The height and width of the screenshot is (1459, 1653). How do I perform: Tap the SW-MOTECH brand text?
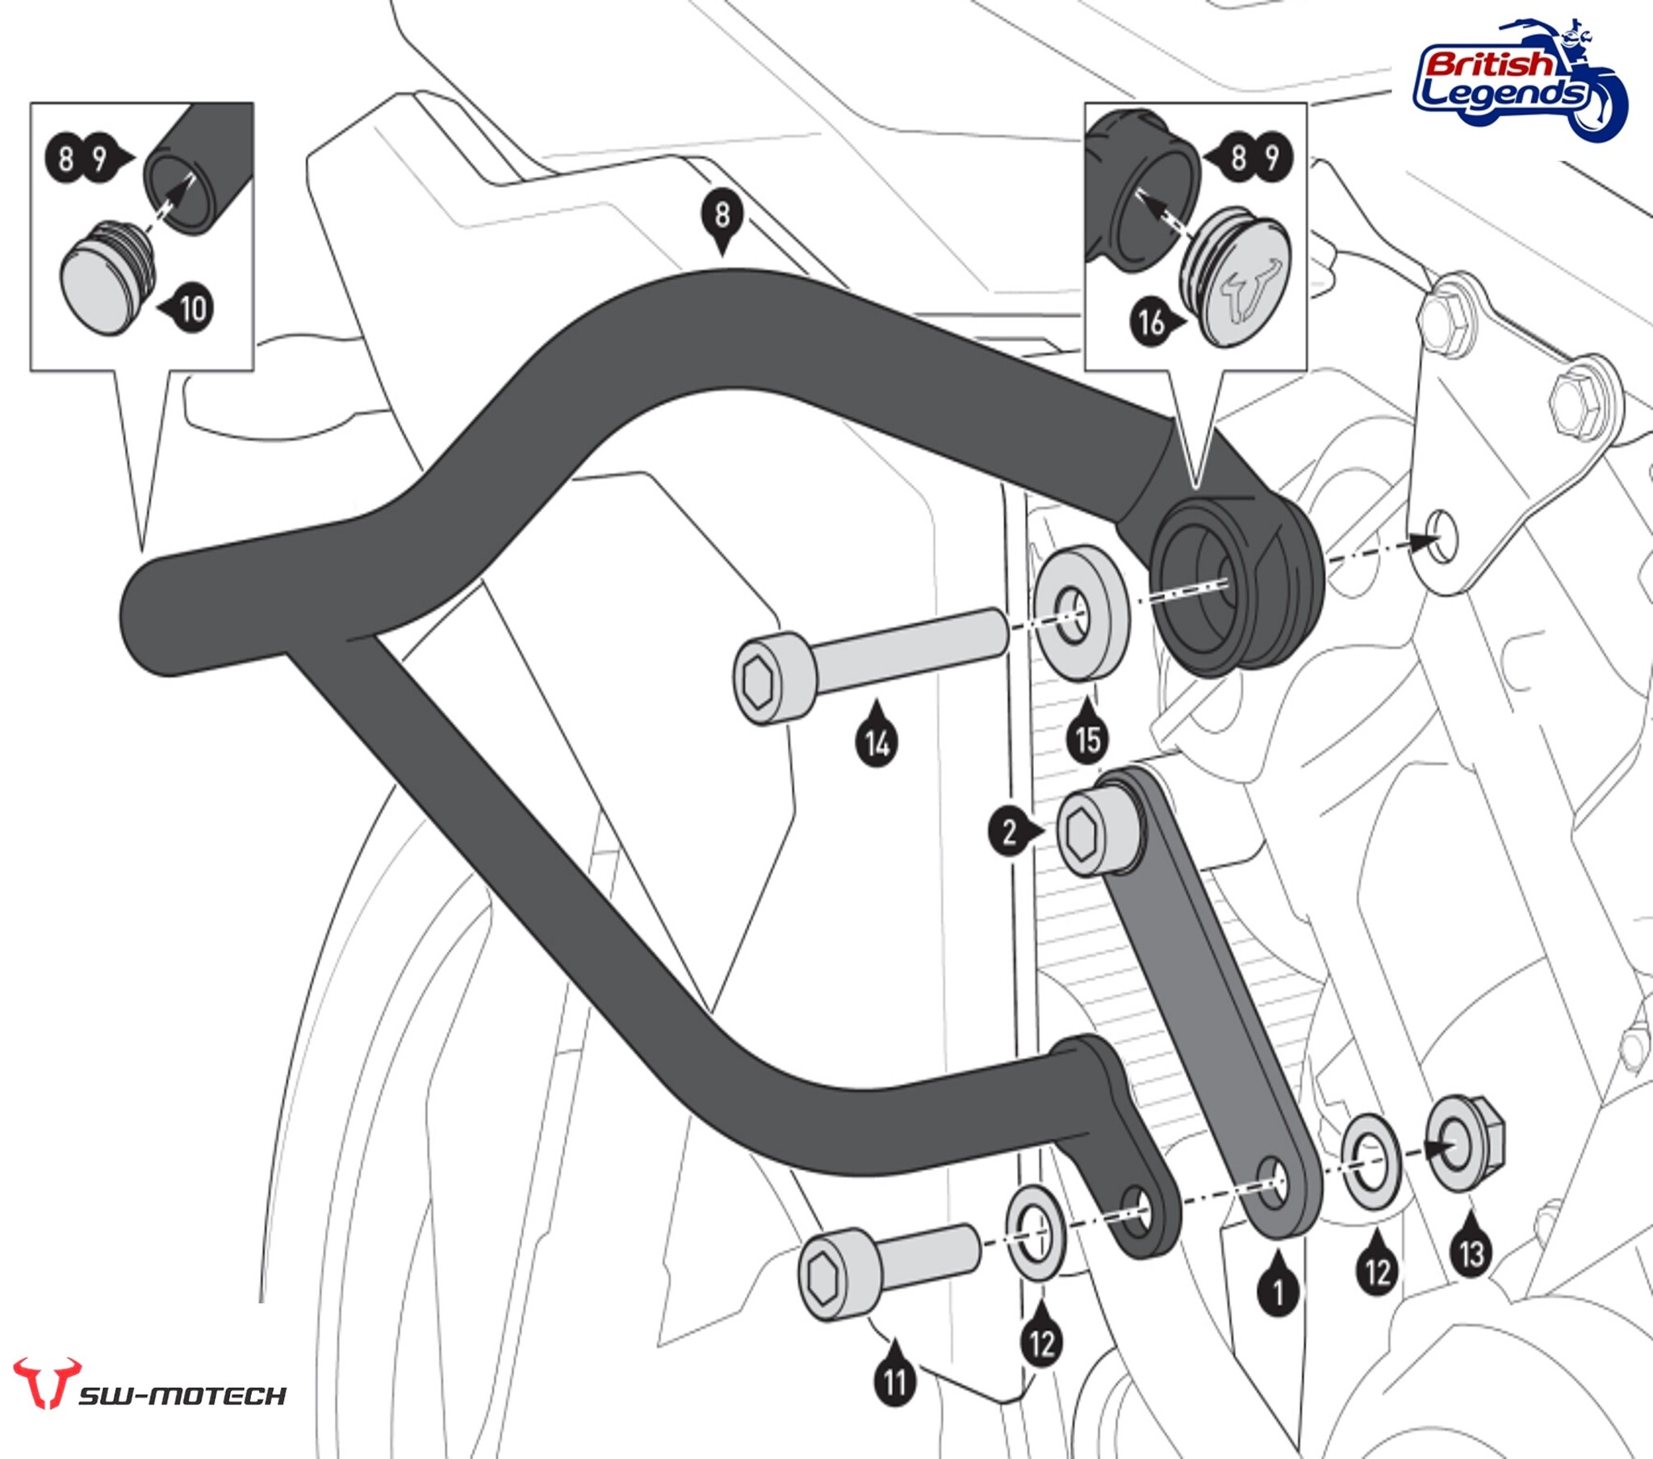tap(182, 1396)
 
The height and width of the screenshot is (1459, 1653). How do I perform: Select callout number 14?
tap(877, 743)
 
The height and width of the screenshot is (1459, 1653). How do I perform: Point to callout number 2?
tap(1008, 831)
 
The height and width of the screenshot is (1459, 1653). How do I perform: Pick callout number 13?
tap(1471, 1253)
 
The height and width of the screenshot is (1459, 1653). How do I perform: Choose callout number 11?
tap(894, 1382)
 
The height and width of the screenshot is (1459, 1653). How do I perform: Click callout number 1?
tap(1278, 1293)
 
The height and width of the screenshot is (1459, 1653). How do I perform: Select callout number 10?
tap(192, 308)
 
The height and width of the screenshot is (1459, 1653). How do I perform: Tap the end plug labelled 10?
tap(103, 278)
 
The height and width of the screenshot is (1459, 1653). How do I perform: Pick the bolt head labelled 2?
tap(1099, 834)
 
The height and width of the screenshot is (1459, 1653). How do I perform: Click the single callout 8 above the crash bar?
tap(722, 215)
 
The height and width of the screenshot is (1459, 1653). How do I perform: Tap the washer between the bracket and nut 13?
tap(1371, 1162)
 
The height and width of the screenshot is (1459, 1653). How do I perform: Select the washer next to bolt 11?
tap(1036, 1233)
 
